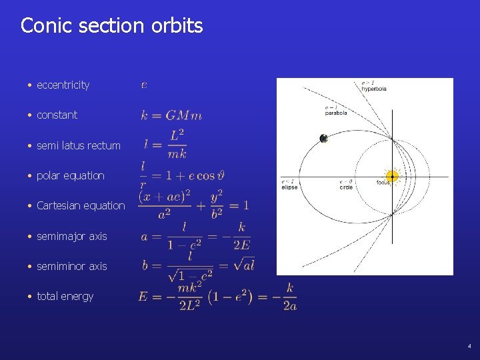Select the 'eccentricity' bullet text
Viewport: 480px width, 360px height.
tap(63, 85)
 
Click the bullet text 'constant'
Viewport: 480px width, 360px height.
tap(57, 115)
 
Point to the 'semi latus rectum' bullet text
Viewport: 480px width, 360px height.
tap(79, 145)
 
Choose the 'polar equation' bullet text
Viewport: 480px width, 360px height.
tap(71, 175)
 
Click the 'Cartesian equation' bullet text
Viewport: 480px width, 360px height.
tap(81, 205)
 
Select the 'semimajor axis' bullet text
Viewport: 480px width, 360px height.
tap(71, 236)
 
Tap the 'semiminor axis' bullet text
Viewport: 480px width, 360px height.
tap(71, 266)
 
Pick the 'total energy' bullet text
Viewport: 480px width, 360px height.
tap(65, 296)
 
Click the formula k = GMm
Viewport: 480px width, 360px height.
tap(171, 115)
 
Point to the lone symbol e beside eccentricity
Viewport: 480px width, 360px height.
tap(145, 85)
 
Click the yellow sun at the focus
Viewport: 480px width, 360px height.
tap(393, 177)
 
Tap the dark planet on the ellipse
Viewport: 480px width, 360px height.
tap(323, 139)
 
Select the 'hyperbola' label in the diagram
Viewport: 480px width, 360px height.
tap(373, 89)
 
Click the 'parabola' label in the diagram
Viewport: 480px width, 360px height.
tap(335, 113)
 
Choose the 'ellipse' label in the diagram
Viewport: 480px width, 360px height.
tap(289, 187)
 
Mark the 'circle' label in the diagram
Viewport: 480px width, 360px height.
tap(346, 187)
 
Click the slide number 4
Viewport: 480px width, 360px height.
tap(469, 346)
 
